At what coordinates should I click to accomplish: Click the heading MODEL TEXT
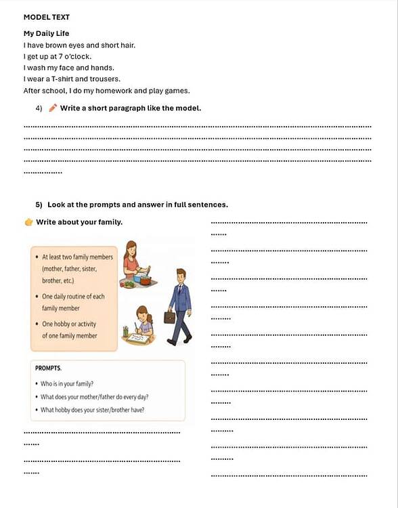(x=47, y=17)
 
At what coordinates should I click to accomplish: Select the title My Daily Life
(x=47, y=33)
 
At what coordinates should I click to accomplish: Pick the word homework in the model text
(x=117, y=91)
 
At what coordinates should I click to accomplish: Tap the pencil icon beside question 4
(x=53, y=108)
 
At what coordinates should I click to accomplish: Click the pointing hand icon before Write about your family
(x=28, y=222)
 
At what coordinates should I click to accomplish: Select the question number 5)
(x=39, y=205)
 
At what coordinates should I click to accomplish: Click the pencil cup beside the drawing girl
(x=126, y=331)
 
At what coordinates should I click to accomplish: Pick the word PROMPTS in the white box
(x=48, y=368)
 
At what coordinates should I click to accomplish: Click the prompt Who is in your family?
(x=67, y=383)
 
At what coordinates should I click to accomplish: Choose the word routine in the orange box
(x=80, y=296)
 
